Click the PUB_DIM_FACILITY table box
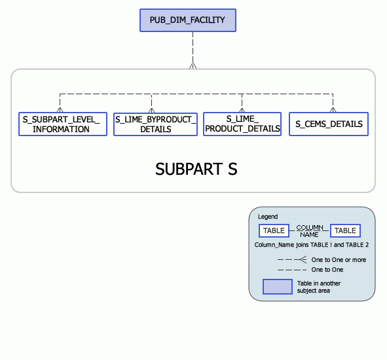187,20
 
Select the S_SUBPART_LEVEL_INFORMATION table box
62,124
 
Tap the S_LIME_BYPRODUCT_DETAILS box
155,124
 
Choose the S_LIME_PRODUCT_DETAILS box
242,124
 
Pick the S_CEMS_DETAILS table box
329,124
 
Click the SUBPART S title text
196,169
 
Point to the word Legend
267,217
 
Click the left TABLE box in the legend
274,230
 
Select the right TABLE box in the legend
345,230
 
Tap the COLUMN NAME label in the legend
309,230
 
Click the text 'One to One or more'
339,260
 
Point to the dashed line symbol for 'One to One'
292,270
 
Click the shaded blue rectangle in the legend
278,287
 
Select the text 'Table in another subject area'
319,287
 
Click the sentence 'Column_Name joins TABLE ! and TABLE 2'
311,245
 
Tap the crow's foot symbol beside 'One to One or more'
303,260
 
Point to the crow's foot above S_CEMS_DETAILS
333,109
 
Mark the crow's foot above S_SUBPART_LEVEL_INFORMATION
60,109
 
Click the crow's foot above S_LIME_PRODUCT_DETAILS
242,109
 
